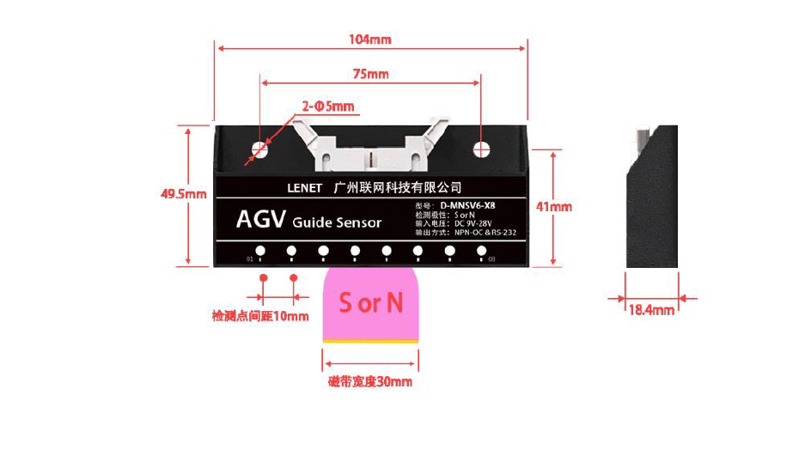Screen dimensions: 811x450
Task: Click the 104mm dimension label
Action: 370,40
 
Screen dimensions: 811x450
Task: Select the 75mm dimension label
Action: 370,74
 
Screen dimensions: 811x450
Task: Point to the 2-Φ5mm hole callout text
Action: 327,106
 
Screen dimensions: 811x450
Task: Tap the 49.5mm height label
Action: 184,194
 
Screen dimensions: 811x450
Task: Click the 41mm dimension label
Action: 554,206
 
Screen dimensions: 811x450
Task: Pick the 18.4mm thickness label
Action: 650,310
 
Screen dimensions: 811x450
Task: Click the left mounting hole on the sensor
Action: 259,149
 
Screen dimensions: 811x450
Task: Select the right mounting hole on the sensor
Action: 482,149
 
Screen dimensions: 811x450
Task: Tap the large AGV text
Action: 259,221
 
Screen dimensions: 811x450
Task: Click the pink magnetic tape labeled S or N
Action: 370,304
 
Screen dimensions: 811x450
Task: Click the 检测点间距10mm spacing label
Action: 259,316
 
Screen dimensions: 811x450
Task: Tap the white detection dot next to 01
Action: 259,252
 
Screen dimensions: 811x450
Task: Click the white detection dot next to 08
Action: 479,252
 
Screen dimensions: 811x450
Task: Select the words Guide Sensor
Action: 337,223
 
